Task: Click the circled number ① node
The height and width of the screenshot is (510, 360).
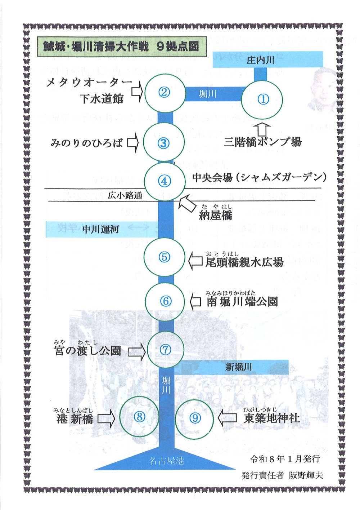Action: point(262,99)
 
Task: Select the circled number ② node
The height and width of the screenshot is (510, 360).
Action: point(164,92)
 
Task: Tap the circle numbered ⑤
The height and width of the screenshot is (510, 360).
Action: point(164,257)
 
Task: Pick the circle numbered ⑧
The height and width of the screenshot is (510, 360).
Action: point(139,417)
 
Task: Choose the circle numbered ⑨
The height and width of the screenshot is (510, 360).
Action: point(195,418)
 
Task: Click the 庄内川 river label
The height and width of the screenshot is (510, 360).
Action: point(261,60)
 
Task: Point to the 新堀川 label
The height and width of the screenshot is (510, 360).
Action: point(238,367)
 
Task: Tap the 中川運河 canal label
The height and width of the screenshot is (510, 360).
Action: point(100,229)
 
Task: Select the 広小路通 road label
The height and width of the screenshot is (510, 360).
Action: point(125,196)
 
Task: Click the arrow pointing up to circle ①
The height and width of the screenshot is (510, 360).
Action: point(264,129)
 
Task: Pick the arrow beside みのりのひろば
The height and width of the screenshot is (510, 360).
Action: point(132,143)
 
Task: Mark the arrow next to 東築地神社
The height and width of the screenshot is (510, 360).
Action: point(228,418)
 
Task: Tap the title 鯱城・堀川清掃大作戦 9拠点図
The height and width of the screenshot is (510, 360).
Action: point(121,46)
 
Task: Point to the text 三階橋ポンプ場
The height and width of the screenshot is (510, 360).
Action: point(262,142)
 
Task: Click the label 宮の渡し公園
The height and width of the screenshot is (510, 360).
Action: point(87,350)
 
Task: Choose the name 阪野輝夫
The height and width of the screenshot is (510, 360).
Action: point(306,475)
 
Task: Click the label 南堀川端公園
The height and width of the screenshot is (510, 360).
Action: point(242,301)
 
